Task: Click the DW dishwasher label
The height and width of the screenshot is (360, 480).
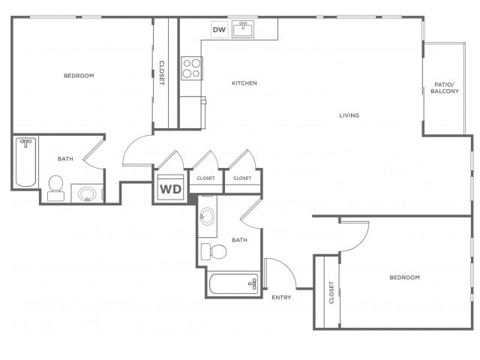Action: pyautogui.click(x=219, y=30)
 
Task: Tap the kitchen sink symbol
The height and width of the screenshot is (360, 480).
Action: pyautogui.click(x=243, y=29)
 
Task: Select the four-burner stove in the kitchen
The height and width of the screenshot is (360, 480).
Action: pyautogui.click(x=192, y=68)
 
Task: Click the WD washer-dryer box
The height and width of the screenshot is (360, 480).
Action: pyautogui.click(x=171, y=187)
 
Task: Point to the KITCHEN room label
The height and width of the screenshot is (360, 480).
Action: pyautogui.click(x=244, y=83)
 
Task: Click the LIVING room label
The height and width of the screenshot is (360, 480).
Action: pyautogui.click(x=349, y=115)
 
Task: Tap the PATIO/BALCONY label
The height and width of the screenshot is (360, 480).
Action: pyautogui.click(x=445, y=88)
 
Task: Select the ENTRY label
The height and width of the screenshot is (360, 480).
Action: pyautogui.click(x=281, y=297)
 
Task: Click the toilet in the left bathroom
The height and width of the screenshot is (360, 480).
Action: pyautogui.click(x=55, y=188)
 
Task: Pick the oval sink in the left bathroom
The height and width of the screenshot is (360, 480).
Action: pyautogui.click(x=87, y=193)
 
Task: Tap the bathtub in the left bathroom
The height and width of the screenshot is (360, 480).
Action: pyautogui.click(x=25, y=162)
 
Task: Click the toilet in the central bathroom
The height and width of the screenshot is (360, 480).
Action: pyautogui.click(x=214, y=252)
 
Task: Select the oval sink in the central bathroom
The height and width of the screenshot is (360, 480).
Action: pyautogui.click(x=207, y=217)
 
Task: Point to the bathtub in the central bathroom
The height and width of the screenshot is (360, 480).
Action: pyautogui.click(x=234, y=284)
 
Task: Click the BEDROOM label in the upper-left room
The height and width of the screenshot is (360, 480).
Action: pyautogui.click(x=79, y=76)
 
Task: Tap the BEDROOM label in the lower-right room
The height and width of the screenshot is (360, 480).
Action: pyautogui.click(x=405, y=277)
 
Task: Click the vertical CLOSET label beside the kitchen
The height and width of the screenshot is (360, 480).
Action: pyautogui.click(x=162, y=73)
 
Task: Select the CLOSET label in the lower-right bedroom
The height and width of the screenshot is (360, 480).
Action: pyautogui.click(x=331, y=292)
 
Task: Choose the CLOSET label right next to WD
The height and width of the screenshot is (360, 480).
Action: pyautogui.click(x=206, y=178)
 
